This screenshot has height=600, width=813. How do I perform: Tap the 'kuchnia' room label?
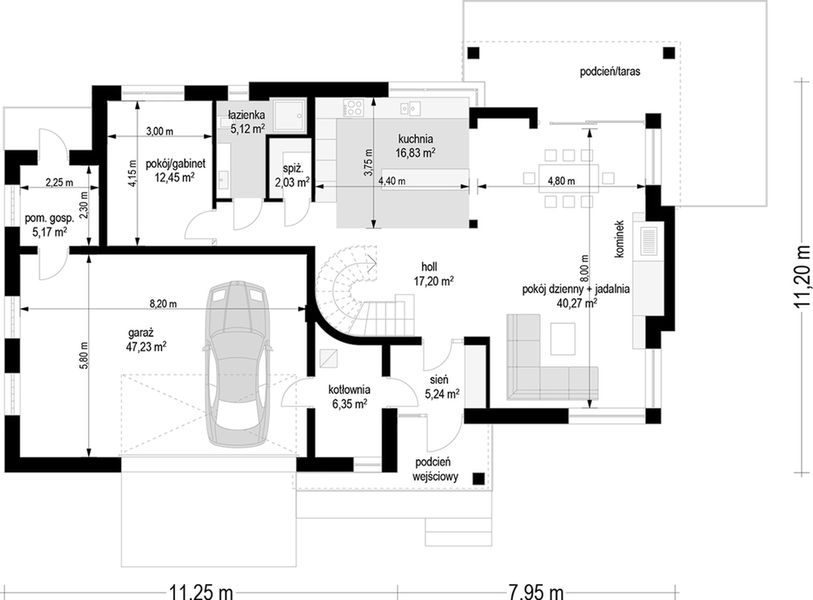tap(415, 139)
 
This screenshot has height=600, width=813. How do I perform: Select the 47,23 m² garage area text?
tap(146, 346)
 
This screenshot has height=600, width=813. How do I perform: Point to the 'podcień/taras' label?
tap(610, 72)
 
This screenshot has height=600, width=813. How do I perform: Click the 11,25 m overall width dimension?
tap(201, 592)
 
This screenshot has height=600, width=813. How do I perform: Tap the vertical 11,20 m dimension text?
tap(803, 276)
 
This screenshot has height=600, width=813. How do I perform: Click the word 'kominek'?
tap(619, 239)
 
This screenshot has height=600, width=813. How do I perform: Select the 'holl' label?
tap(429, 267)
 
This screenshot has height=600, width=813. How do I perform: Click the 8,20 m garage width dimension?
tap(163, 304)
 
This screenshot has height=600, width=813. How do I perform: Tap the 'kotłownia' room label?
tap(349, 389)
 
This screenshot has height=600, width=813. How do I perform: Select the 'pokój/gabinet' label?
tap(175, 164)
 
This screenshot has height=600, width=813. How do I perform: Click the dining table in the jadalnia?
tap(569, 178)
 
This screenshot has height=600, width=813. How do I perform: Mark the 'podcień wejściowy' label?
tap(435, 469)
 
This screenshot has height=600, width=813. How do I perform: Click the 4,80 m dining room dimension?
tap(562, 181)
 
